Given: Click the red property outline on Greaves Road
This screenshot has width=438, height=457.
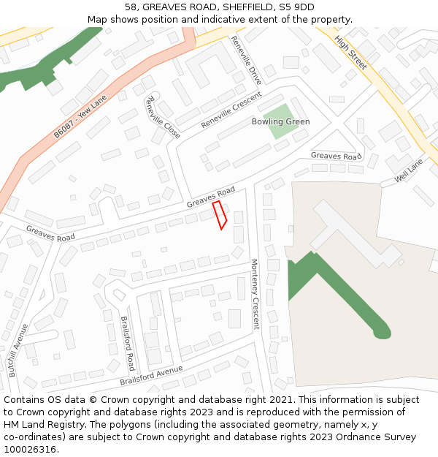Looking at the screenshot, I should tap(220, 215).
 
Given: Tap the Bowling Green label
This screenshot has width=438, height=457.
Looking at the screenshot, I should tap(280, 121).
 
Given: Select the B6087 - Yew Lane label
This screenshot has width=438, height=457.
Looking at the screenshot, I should tap(80, 116).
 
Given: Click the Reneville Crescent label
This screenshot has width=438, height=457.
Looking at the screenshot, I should tap(231, 110).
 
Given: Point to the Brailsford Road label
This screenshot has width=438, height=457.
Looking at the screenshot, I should tap(127, 344).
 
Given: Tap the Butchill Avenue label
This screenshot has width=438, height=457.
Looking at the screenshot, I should tap(18, 350).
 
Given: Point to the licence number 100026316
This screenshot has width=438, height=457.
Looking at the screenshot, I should tap(30, 449).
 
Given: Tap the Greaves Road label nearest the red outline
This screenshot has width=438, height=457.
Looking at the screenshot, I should tap(210, 197).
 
